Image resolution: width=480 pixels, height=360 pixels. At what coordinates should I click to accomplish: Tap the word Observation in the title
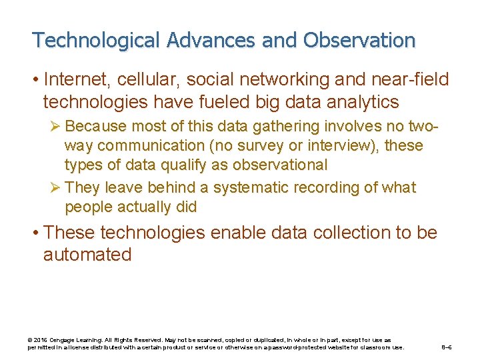[x=359, y=41]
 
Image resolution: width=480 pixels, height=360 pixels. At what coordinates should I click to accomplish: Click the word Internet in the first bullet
[x=77, y=80]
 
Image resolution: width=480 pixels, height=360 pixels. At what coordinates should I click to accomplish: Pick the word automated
[x=87, y=255]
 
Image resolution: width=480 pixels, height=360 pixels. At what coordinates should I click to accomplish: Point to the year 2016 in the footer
[x=40, y=340]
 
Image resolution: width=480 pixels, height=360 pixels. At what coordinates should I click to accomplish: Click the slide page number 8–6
[x=447, y=347]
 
